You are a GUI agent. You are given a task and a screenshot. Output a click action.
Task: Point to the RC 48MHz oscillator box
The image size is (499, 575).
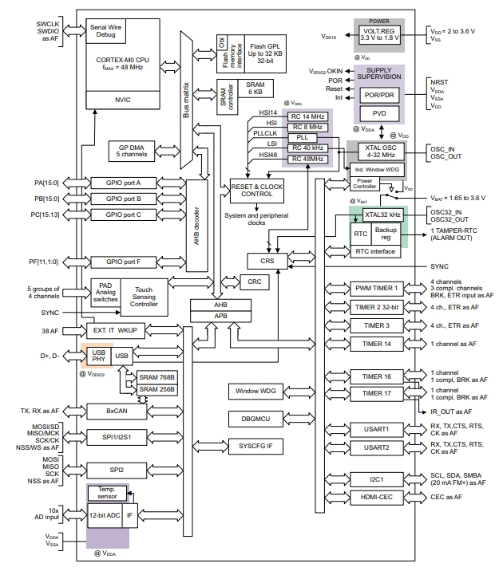307,160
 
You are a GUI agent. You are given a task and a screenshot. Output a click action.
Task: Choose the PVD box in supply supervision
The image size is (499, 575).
379,112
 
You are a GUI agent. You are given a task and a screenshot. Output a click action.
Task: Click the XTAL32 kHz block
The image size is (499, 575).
383,215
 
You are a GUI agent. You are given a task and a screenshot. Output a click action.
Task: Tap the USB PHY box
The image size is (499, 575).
97,356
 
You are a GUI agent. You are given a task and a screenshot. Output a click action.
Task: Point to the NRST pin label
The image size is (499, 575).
438,81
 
